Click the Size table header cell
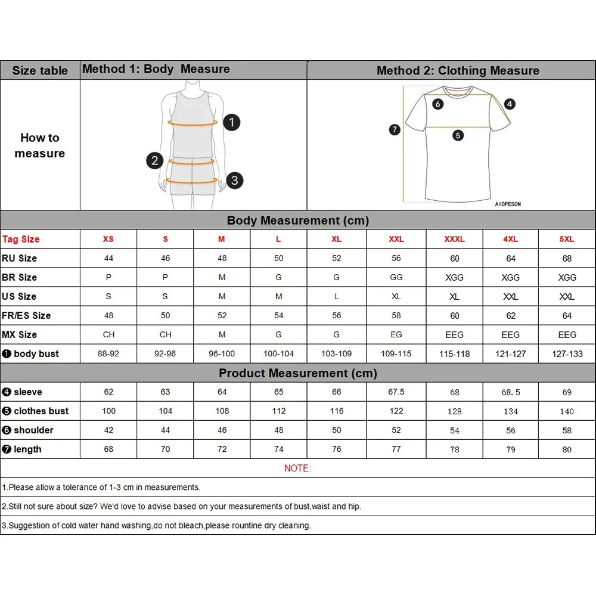[40, 70]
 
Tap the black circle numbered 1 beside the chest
[231, 123]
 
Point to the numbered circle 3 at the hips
[235, 180]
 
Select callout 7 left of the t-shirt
[395, 129]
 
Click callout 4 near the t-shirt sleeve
[510, 104]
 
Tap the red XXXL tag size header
[454, 239]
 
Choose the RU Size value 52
[336, 258]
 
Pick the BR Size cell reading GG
[396, 277]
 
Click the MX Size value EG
[396, 334]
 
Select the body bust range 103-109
[336, 353]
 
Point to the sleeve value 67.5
[396, 392]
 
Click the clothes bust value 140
[567, 411]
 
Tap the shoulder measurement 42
[108, 430]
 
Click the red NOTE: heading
[297, 468]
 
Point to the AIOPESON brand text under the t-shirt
[508, 204]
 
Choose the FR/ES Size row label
[26, 315]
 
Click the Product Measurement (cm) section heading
[297, 373]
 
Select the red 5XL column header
[567, 239]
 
